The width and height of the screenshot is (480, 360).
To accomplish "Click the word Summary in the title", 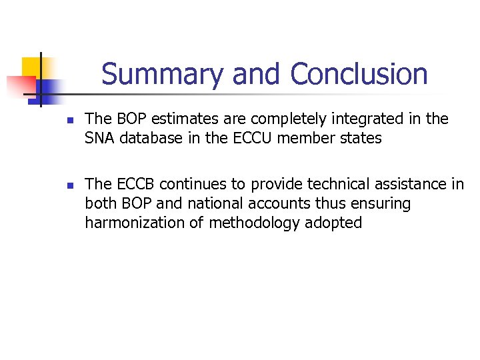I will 162,74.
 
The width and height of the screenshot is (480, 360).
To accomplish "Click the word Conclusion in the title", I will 359,74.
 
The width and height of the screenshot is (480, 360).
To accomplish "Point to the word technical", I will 329,184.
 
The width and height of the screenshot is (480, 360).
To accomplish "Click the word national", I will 212,203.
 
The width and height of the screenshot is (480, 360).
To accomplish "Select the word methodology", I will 253,223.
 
